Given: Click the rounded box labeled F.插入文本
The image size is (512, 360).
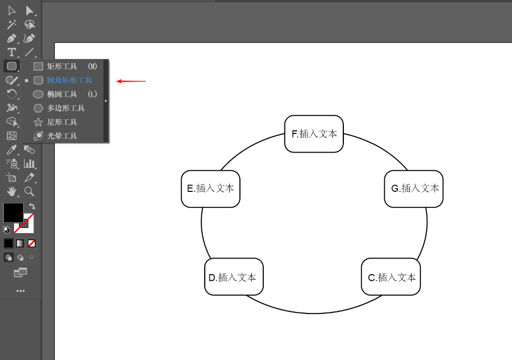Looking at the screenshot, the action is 314,133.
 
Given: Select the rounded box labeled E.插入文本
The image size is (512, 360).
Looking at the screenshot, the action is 210,189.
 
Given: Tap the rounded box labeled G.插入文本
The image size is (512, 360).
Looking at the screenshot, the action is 414,189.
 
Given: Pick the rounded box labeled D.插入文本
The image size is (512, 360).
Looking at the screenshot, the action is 234,277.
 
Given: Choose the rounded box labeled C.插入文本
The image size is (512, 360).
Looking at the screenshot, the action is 391,277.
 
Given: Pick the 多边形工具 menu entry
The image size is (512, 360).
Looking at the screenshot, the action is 65,108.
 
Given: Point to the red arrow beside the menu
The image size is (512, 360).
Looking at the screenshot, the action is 131,81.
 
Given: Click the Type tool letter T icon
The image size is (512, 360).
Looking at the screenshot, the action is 12,52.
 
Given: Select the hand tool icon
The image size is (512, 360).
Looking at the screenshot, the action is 12,191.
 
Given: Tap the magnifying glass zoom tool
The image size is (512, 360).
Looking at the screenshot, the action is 29,191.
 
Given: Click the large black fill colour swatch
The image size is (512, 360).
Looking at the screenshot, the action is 13,213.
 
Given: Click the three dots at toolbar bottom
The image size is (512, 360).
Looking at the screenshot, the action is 21,291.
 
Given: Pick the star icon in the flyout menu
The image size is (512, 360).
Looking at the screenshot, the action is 38,122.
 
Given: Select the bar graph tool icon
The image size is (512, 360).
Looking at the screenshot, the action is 29,163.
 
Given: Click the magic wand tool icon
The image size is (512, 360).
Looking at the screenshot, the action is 12,24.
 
